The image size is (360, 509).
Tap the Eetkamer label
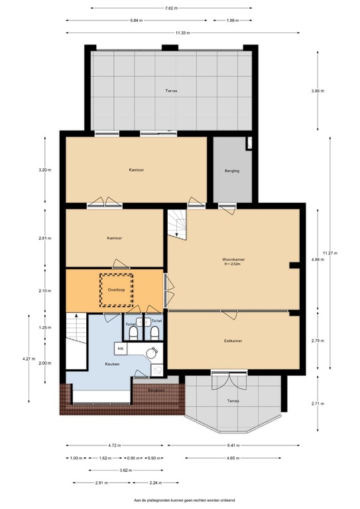pyautogui.click(x=232, y=341)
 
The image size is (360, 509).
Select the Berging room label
pyautogui.click(x=231, y=170)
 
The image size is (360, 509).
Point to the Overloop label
pyautogui.click(x=116, y=290)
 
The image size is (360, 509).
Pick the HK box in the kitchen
pyautogui.click(x=121, y=348)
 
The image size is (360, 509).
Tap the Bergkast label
pyautogui.click(x=156, y=390)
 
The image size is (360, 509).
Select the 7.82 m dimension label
pyautogui.click(x=169, y=8)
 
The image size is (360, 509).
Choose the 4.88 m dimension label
pyautogui.click(x=318, y=259)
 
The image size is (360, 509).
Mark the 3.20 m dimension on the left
pyautogui.click(x=44, y=170)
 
